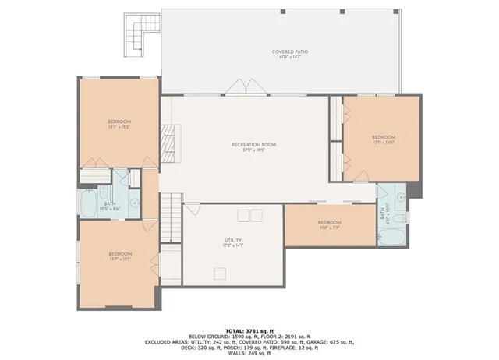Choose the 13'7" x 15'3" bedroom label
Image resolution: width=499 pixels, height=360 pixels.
coord(119,124)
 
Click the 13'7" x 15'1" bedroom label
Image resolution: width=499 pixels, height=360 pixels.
coord(119,256)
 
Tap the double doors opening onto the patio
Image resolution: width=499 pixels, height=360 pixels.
coord(240,87)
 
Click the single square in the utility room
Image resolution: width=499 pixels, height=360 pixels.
coord(221,273)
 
